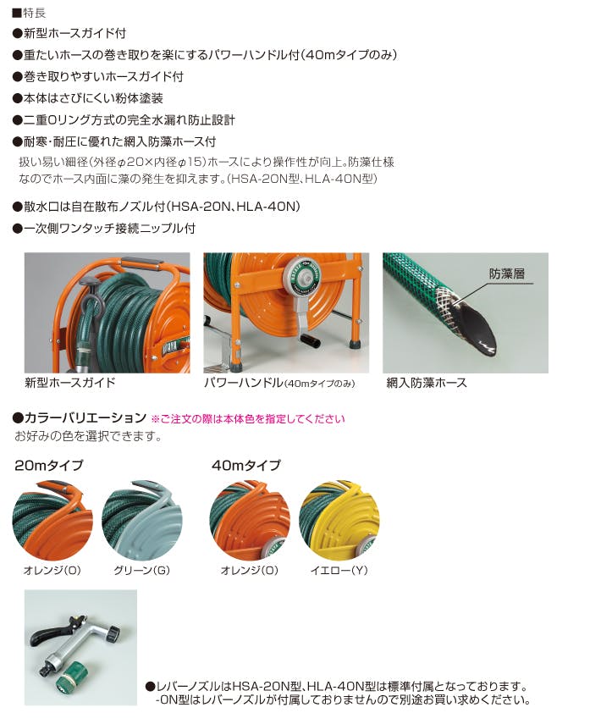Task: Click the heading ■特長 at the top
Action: tap(29, 13)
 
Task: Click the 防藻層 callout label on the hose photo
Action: tap(507, 274)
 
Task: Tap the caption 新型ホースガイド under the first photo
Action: tap(69, 382)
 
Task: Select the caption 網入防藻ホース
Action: tap(427, 382)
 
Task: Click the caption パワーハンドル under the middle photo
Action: tap(243, 382)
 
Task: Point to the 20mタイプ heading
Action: tap(49, 465)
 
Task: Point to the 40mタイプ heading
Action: tap(246, 465)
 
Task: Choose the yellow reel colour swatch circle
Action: tap(339, 519)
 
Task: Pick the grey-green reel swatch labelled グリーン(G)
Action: tap(141, 519)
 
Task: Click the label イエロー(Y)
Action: tap(339, 570)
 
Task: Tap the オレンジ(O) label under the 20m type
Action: tap(52, 570)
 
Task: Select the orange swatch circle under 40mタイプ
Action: tap(250, 519)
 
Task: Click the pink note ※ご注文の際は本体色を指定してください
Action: tap(248, 419)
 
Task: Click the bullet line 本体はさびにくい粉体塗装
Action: tap(88, 98)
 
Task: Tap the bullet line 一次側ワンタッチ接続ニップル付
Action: tap(104, 228)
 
